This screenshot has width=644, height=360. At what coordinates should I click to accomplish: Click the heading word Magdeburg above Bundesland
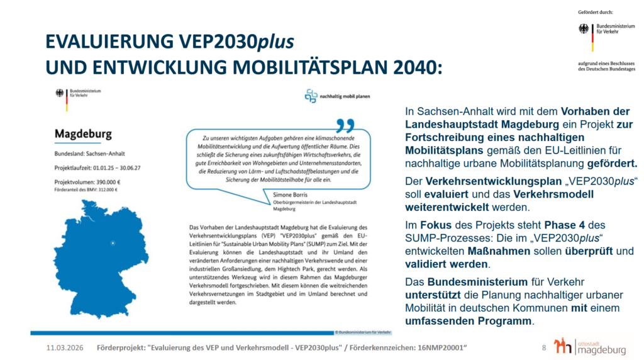[x=83, y=134]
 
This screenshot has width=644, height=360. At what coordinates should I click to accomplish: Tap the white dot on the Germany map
[x=113, y=243]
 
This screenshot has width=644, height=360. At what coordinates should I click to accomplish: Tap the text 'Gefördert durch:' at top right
[x=595, y=12]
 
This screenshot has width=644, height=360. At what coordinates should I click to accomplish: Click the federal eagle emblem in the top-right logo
[x=584, y=28]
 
